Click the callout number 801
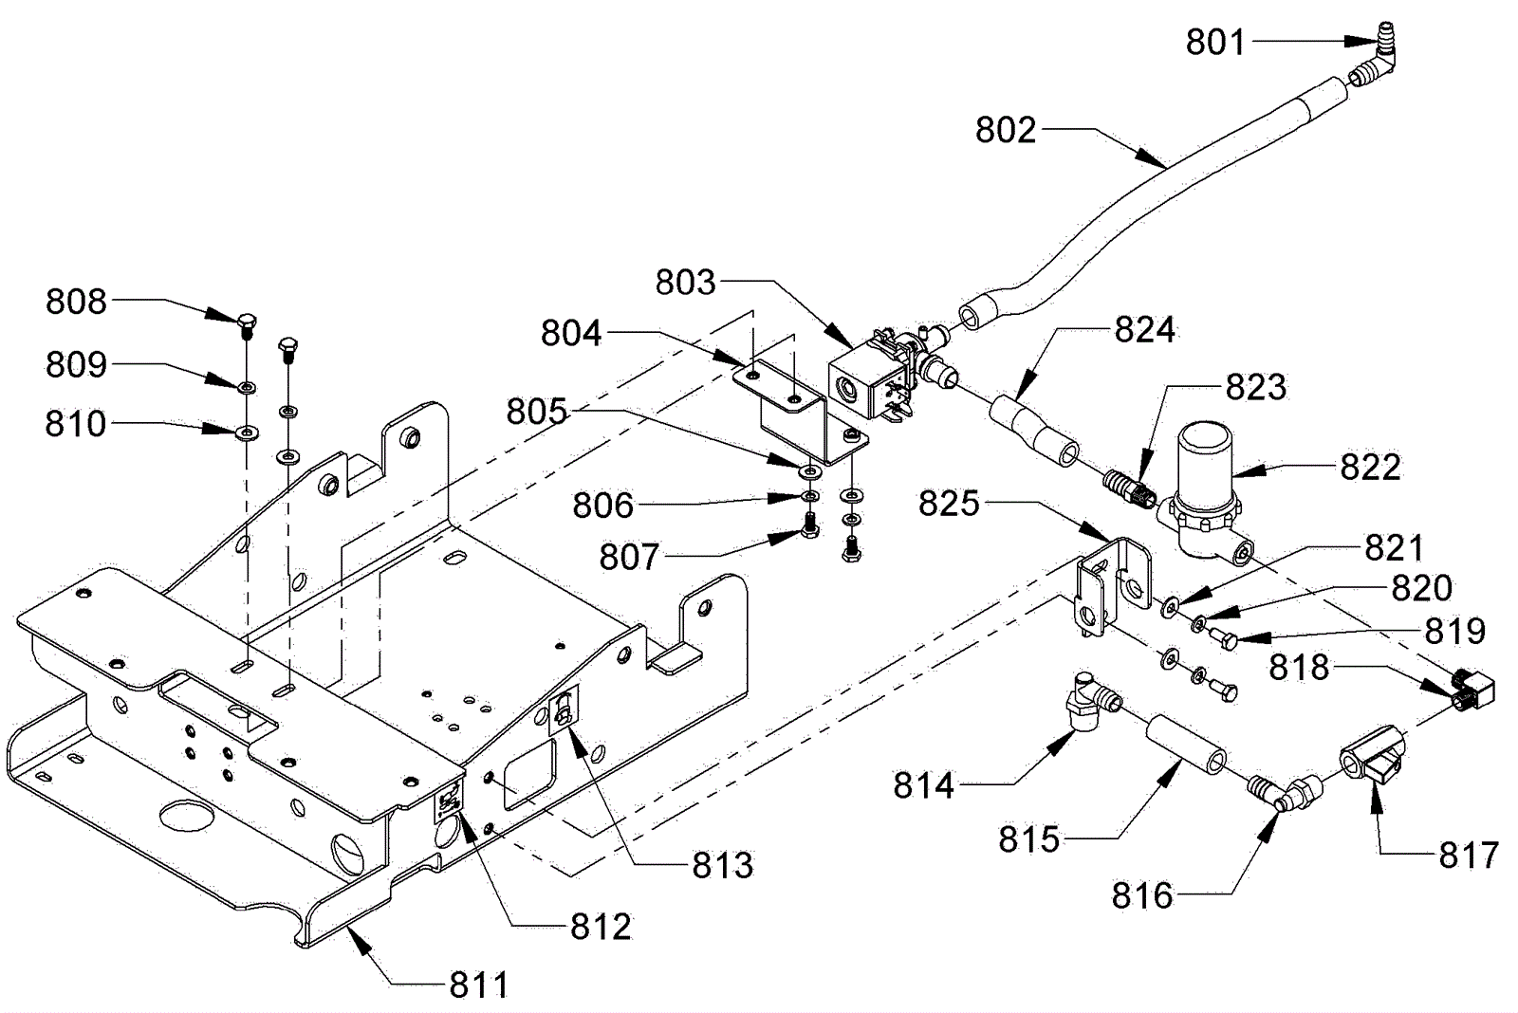[1215, 42]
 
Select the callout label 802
[1006, 130]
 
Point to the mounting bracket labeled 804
[800, 414]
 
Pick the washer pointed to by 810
[248, 432]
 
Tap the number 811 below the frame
[478, 985]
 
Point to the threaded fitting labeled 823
[1129, 492]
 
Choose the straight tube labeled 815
[1185, 744]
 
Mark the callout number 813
[722, 865]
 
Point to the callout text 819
[1454, 632]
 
